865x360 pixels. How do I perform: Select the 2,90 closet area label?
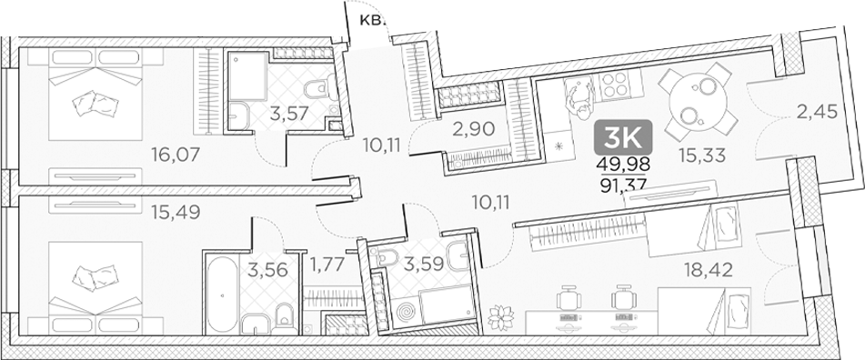tap(473, 128)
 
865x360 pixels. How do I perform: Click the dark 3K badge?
tap(624, 139)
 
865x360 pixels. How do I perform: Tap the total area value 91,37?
tap(623, 185)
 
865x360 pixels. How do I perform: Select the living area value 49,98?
tap(623, 165)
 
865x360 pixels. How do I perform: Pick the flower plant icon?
tap(498, 318)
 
